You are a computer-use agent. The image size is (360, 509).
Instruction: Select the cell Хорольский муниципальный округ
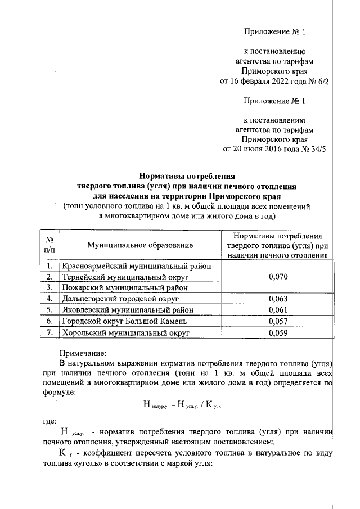124,332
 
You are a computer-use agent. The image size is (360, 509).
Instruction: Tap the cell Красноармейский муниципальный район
137,266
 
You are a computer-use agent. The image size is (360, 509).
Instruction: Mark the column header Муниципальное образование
140,245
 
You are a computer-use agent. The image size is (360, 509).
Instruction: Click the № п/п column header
49,245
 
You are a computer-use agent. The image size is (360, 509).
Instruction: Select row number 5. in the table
50,310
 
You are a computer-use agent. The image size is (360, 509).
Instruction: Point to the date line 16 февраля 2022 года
274,81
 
